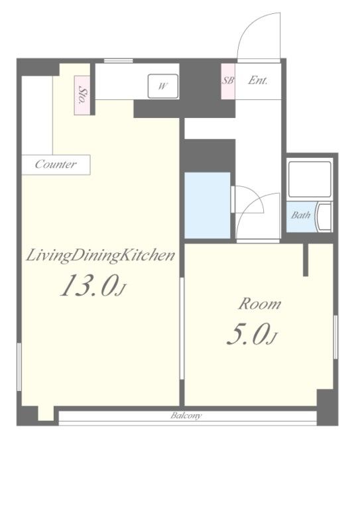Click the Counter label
pos(56,164)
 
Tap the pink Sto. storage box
pos(82,95)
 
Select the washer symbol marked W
pos(163,86)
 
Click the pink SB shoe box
pos(228,81)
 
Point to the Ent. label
pos(258,80)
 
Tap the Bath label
pos(300,215)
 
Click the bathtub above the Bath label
pos(310,179)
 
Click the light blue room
pos(208,205)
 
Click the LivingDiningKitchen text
pos(100,256)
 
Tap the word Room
pos(260,304)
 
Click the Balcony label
pos(186,416)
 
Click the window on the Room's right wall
pos(335,337)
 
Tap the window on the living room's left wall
pos(19,367)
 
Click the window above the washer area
pos(119,61)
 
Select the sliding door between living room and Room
pos(182,328)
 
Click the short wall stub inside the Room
pos(306,260)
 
